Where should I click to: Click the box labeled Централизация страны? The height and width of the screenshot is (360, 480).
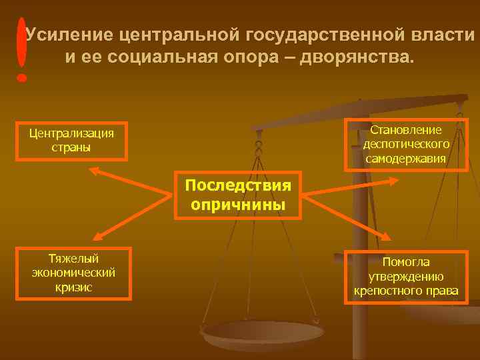click(71, 140)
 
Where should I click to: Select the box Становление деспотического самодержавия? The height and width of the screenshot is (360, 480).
click(406, 145)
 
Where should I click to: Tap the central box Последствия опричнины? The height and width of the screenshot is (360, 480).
click(238, 194)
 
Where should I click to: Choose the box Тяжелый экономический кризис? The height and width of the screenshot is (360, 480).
click(73, 273)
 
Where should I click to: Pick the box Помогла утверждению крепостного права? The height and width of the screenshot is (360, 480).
click(406, 277)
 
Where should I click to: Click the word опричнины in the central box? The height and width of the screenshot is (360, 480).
click(238, 204)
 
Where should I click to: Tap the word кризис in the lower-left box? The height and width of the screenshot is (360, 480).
click(73, 287)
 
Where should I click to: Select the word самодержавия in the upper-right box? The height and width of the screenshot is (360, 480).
click(406, 159)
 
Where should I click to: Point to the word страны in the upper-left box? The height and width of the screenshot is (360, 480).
click(71, 147)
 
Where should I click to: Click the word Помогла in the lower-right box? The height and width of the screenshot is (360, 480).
click(406, 263)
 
